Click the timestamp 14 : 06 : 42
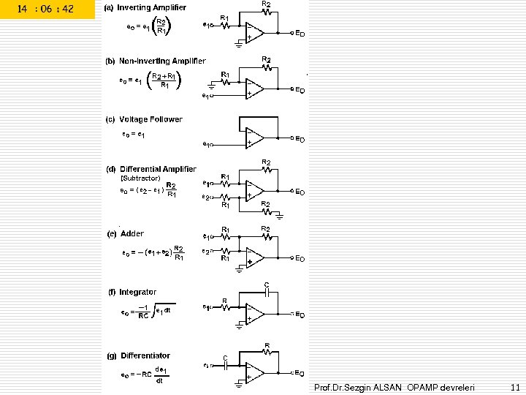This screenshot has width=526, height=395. point(46,10)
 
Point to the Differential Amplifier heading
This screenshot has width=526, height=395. point(159,169)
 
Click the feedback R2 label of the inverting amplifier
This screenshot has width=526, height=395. point(266,4)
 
